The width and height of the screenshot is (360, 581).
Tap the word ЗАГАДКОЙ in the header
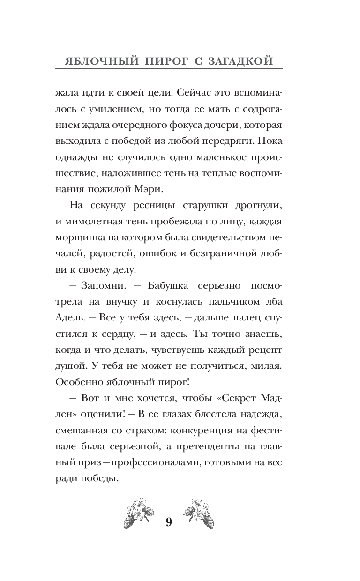pos(246,61)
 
